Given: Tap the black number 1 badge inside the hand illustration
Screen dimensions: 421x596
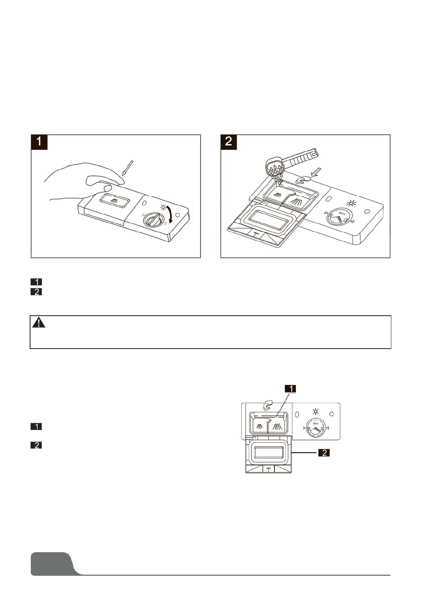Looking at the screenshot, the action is click(39, 142).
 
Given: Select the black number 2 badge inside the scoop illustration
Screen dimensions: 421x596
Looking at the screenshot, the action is click(229, 142).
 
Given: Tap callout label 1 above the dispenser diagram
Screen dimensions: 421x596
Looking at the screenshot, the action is click(291, 389).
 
